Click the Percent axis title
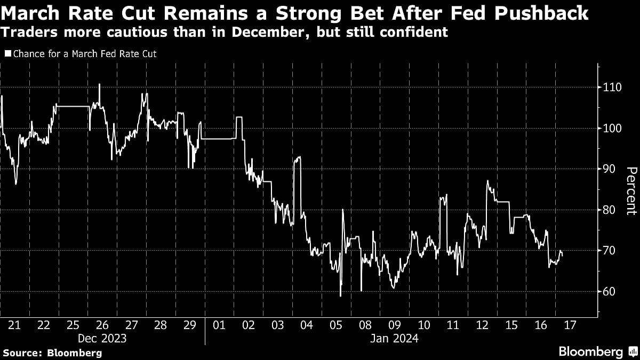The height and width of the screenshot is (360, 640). pyautogui.click(x=631, y=191)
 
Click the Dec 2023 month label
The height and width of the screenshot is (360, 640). pyautogui.click(x=103, y=338)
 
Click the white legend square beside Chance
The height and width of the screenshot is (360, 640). pyautogui.click(x=7, y=53)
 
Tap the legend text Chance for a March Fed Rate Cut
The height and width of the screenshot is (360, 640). pyautogui.click(x=84, y=53)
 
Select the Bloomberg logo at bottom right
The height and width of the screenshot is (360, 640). pyautogui.click(x=597, y=351)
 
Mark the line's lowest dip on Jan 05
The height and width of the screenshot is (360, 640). pyautogui.click(x=340, y=296)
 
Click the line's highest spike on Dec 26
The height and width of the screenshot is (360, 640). pyautogui.click(x=99, y=84)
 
